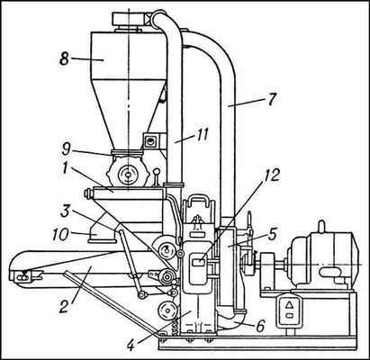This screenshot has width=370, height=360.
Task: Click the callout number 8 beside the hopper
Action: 64,58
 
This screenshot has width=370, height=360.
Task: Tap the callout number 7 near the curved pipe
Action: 271,100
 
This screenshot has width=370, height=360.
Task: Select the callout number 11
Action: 202,134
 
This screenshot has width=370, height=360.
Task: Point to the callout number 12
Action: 271,175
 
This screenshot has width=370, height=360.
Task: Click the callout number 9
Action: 67,149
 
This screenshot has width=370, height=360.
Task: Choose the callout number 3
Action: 65,211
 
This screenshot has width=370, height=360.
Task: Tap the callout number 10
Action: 61,234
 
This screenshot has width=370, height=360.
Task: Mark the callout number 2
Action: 64,307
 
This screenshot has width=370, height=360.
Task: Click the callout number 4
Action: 130,346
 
